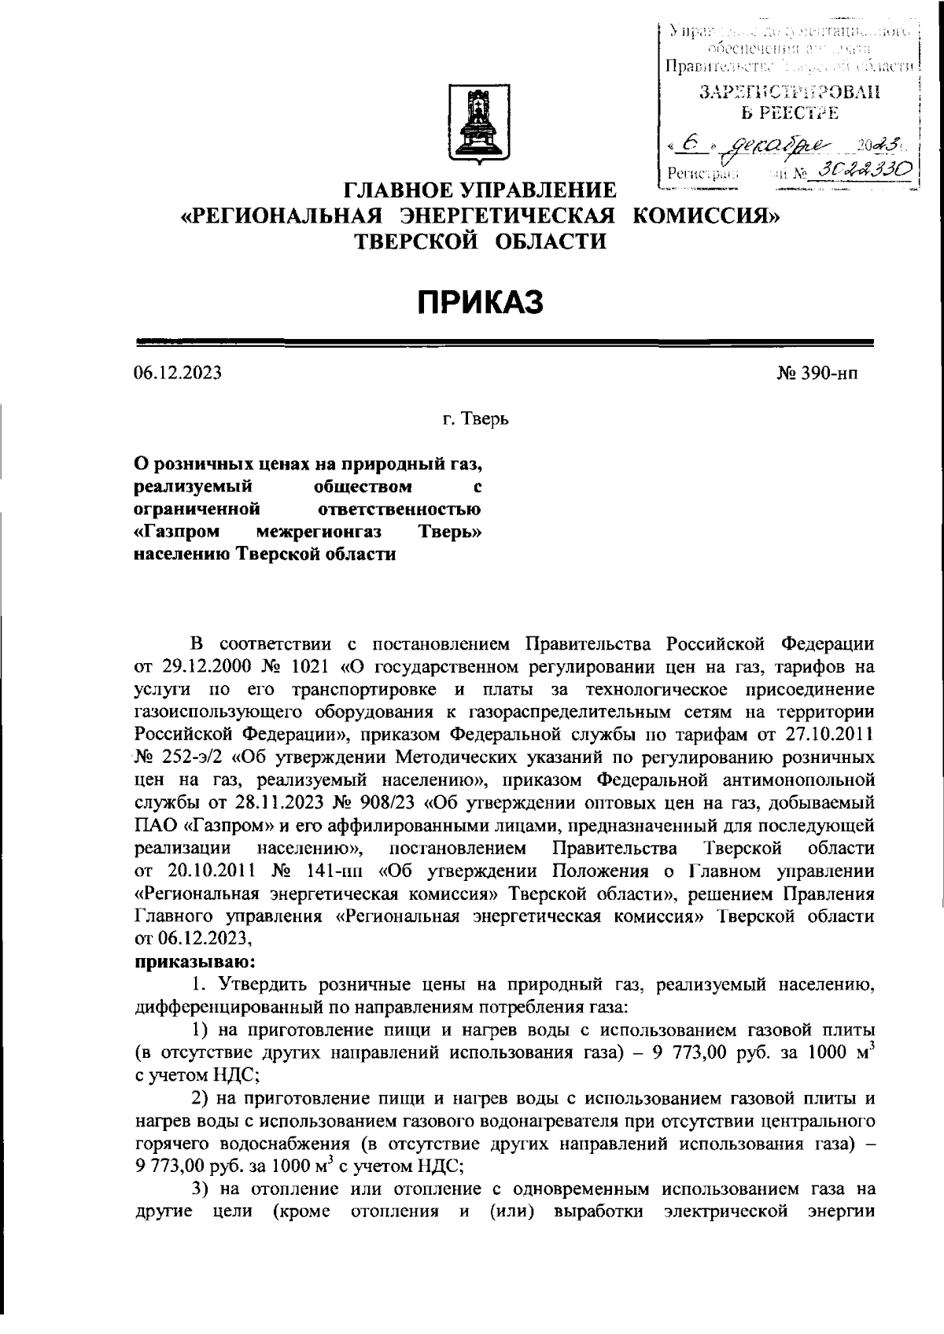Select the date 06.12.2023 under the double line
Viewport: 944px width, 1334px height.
(178, 373)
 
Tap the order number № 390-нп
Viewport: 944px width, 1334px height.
(817, 373)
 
